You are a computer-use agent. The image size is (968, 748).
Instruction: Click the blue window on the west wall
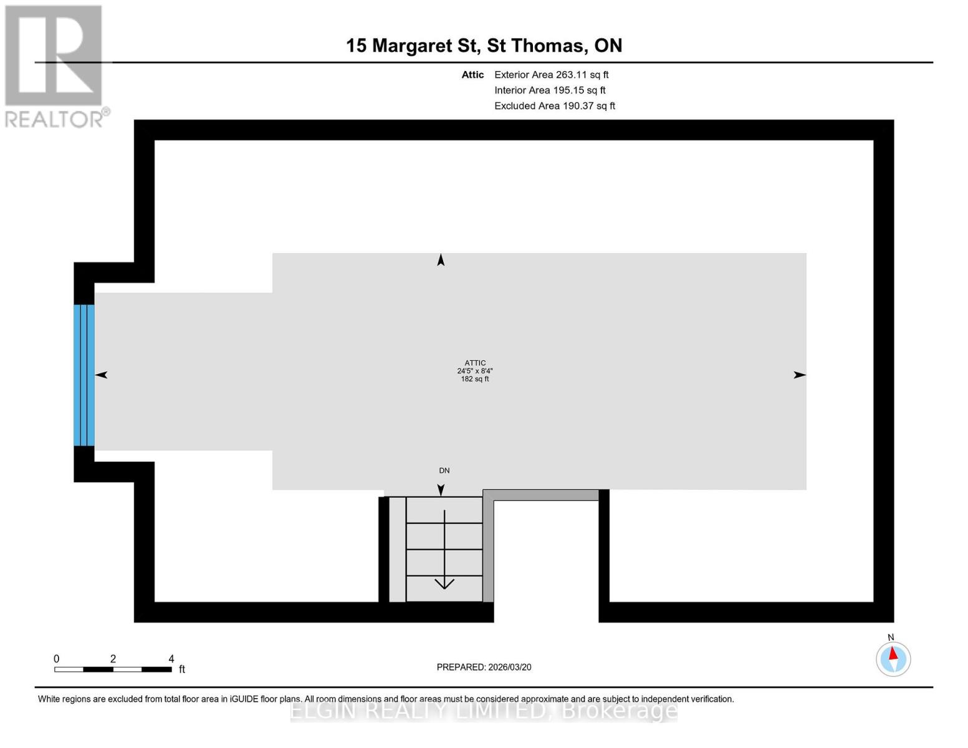point(84,375)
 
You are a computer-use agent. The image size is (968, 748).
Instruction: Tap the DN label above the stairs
point(444,471)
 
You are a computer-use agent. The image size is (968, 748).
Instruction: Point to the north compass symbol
point(893,658)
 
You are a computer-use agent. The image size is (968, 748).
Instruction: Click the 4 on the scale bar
point(171,659)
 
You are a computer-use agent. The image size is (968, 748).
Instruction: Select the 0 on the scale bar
point(57,659)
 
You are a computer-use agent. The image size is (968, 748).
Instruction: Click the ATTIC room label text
point(475,363)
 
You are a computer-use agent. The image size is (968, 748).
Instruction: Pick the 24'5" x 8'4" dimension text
point(475,371)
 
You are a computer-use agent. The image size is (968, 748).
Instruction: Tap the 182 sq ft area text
point(475,379)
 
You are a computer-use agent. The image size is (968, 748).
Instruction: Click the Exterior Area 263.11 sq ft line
point(551,75)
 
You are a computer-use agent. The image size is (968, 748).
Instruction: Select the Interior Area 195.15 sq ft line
point(550,90)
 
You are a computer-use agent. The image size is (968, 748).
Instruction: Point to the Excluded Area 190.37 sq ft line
point(555,106)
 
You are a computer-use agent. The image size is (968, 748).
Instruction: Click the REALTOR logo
point(55,65)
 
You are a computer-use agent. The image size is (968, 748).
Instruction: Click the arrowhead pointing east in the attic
point(799,375)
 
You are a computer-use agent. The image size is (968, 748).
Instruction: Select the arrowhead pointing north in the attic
point(441,260)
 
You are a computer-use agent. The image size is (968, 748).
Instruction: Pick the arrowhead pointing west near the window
point(102,375)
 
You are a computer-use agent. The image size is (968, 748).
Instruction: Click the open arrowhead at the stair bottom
point(444,584)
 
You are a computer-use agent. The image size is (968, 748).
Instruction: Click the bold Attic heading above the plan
point(472,75)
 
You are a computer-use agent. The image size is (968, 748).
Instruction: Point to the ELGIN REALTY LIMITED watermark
point(484,711)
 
